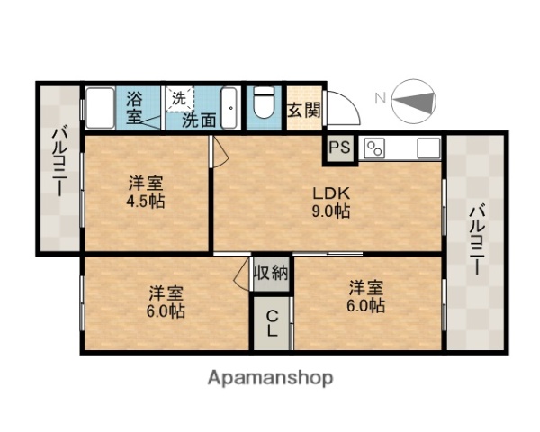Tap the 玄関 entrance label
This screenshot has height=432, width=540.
tap(303, 111)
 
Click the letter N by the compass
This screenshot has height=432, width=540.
tap(380, 97)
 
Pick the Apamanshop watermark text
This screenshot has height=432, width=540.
tap(269, 377)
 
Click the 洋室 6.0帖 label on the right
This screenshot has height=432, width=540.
tap(367, 297)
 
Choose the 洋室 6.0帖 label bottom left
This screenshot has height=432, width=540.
tap(166, 301)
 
